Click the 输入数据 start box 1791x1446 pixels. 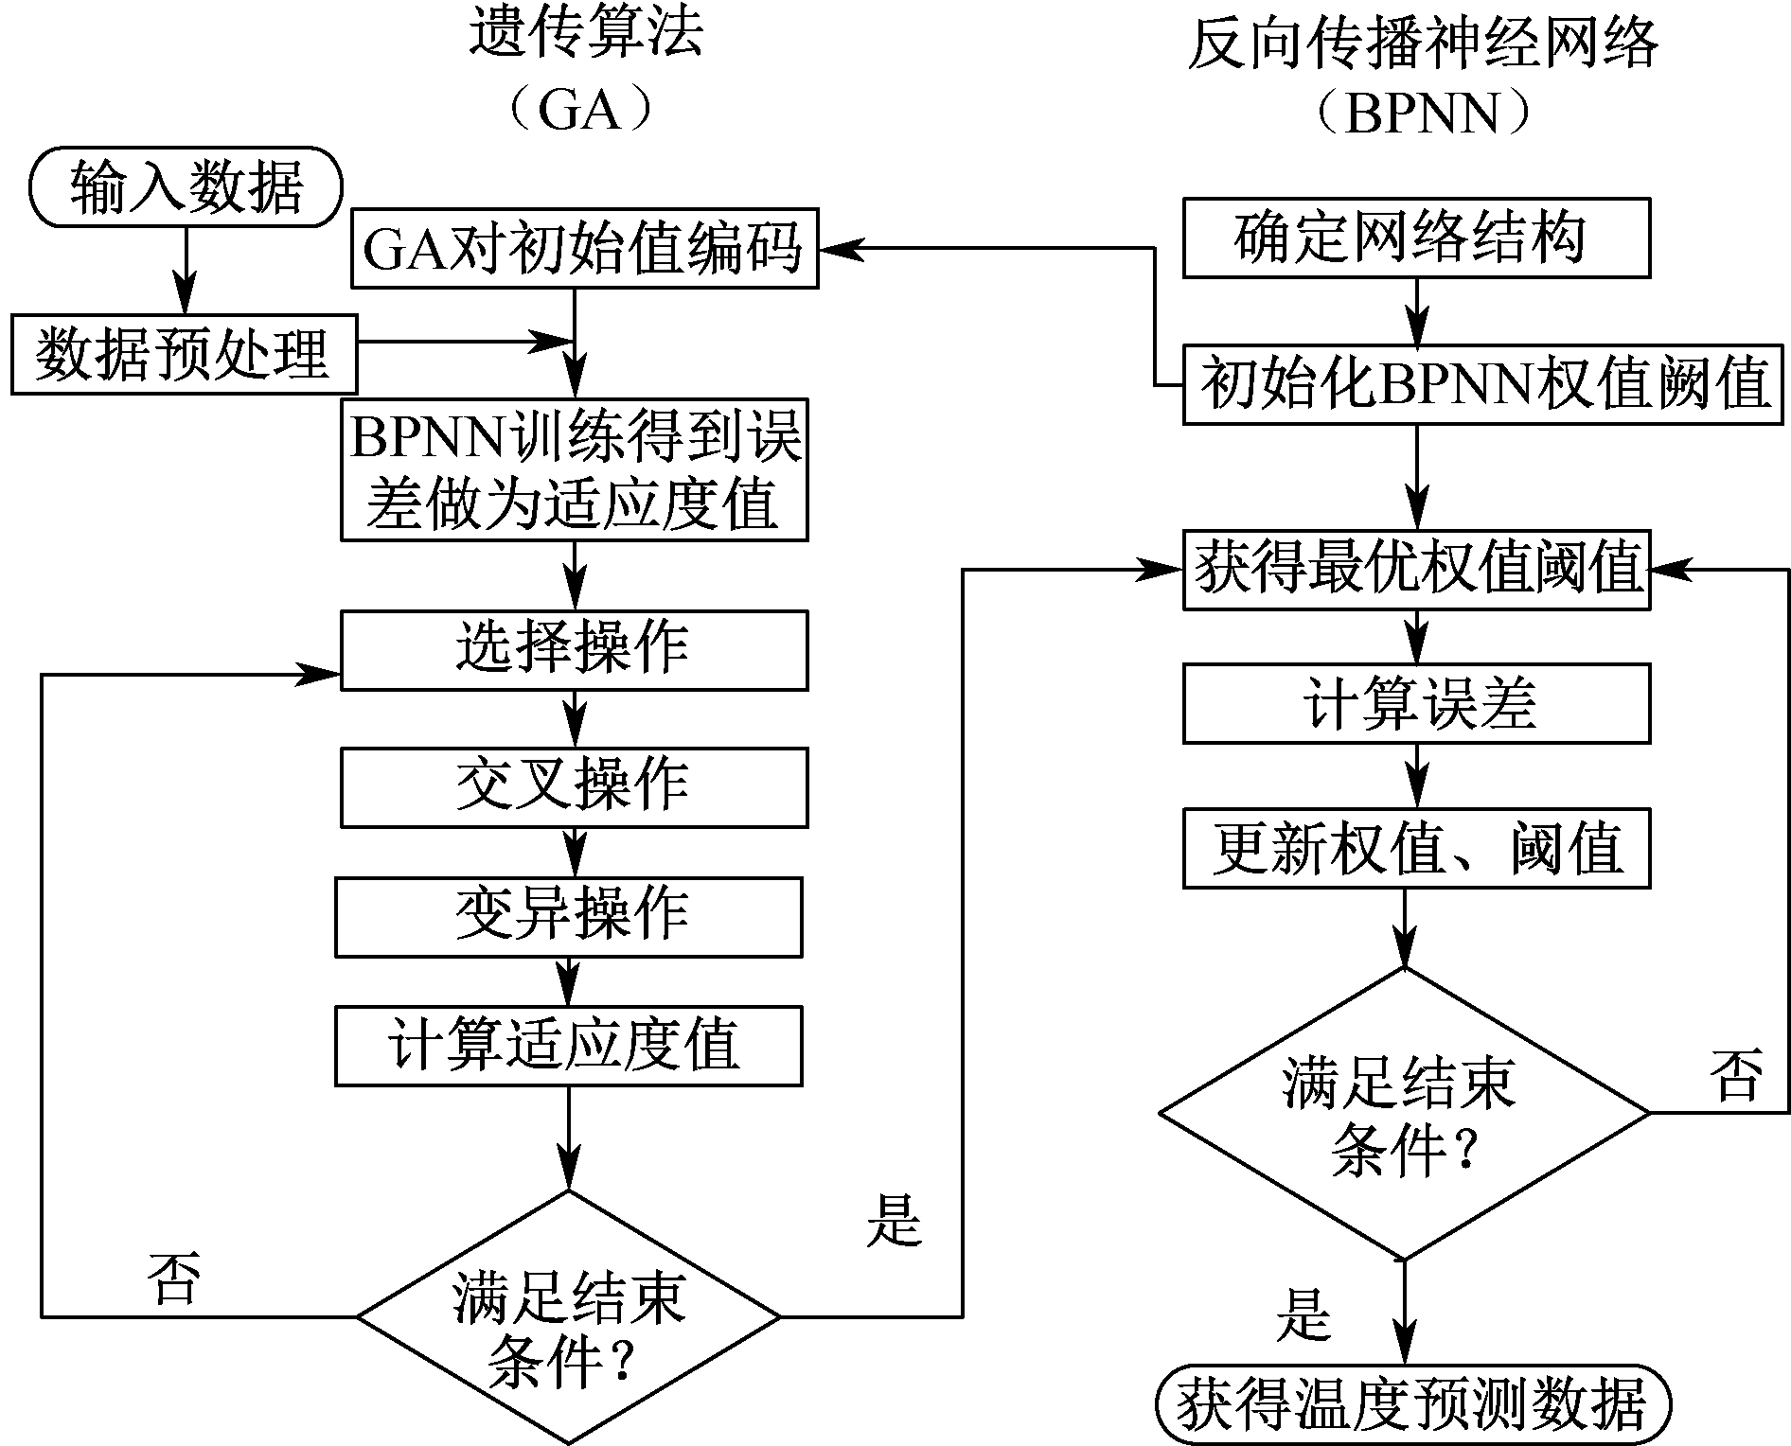[186, 186]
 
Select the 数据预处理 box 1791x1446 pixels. [184, 354]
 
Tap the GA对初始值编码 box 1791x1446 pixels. [584, 248]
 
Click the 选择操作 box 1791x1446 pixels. [574, 650]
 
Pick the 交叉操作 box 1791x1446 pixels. [574, 787]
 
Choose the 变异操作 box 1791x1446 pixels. [568, 916]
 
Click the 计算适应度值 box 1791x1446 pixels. [568, 1046]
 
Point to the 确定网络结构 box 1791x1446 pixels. [1416, 238]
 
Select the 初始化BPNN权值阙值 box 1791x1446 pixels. [1482, 384]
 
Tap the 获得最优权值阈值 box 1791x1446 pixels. [1416, 570]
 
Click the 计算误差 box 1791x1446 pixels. [1416, 704]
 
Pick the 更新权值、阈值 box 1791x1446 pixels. [1416, 848]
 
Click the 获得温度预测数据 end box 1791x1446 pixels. [1413, 1402]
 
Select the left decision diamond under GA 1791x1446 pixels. [568, 1316]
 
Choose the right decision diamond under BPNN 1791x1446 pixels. [1405, 1113]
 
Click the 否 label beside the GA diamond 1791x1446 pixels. [173, 1280]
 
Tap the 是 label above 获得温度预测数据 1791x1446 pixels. [1303, 1314]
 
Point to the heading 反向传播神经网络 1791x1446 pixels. [1423, 43]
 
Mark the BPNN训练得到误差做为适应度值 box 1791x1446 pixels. [574, 469]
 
